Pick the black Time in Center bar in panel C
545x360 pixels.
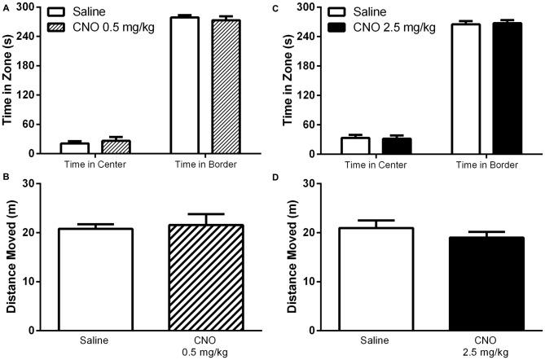(x=397, y=146)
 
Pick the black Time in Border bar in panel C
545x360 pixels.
(x=507, y=88)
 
